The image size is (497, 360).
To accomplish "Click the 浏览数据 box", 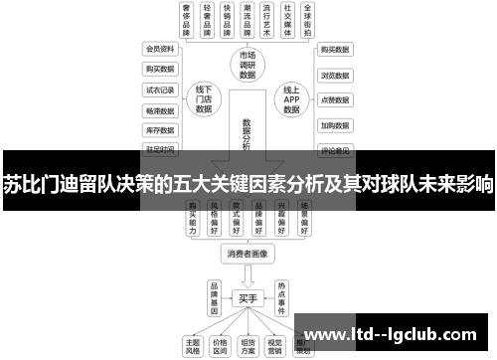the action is [334, 75].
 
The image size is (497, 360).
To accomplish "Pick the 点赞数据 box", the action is [334, 100].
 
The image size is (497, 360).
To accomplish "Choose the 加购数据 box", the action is [334, 126].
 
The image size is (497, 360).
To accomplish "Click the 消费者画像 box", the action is [248, 254].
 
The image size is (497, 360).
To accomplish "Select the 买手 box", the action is [248, 296].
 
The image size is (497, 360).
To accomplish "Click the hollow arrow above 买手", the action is [248, 275].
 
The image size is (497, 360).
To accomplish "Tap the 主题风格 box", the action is [192, 342].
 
